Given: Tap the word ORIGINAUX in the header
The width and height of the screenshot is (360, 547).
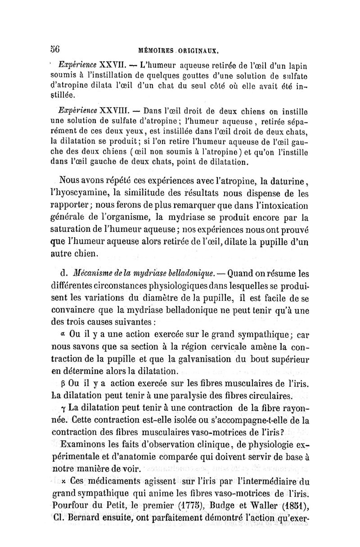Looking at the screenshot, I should tap(197, 50).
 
